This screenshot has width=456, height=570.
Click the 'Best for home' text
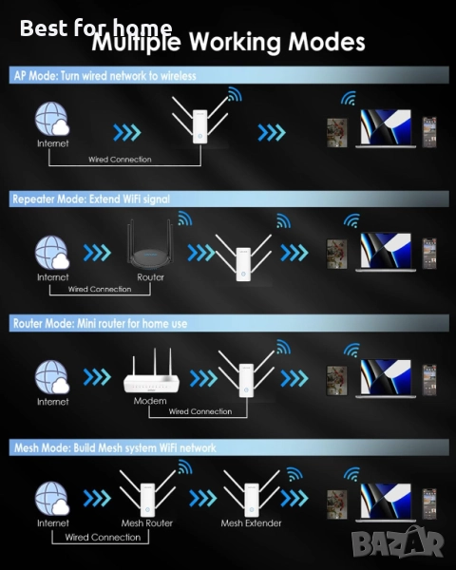click(x=96, y=28)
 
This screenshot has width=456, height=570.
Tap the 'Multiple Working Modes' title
click(x=228, y=42)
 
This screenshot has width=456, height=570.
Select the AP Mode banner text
click(x=105, y=76)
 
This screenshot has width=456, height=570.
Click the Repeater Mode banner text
click(x=91, y=199)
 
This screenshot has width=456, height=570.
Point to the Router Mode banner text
click(x=101, y=323)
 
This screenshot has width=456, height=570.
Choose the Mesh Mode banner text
click(x=115, y=447)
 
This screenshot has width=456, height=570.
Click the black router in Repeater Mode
click(x=150, y=245)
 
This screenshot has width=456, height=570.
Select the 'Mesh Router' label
click(x=147, y=523)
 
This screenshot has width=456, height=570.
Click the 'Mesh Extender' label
click(x=251, y=523)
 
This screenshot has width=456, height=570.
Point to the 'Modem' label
click(x=150, y=401)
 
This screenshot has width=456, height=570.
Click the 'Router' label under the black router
click(x=150, y=277)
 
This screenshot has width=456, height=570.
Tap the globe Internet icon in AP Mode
click(x=52, y=119)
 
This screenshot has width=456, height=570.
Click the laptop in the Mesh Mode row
click(x=386, y=503)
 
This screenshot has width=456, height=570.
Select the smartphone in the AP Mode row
click(x=429, y=132)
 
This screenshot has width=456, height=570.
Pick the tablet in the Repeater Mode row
click(x=336, y=254)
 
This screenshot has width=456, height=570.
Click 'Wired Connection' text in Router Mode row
click(x=200, y=411)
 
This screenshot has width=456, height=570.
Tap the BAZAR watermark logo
click(x=398, y=542)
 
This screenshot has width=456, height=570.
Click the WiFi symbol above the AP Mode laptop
click(x=349, y=98)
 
